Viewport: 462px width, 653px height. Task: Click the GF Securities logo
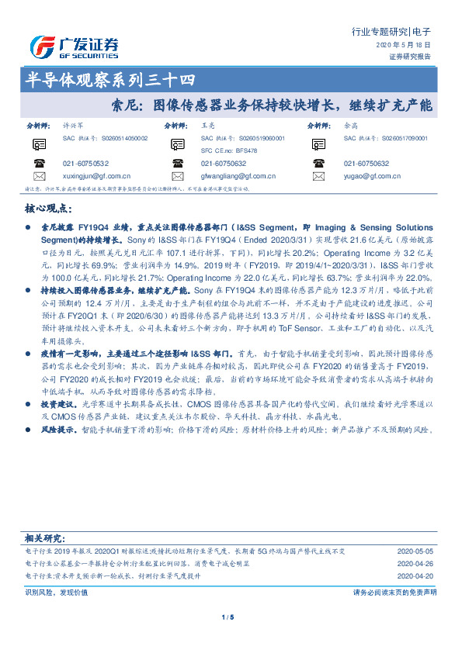(73, 46)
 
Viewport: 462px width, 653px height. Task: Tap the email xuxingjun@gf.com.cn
(96, 177)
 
